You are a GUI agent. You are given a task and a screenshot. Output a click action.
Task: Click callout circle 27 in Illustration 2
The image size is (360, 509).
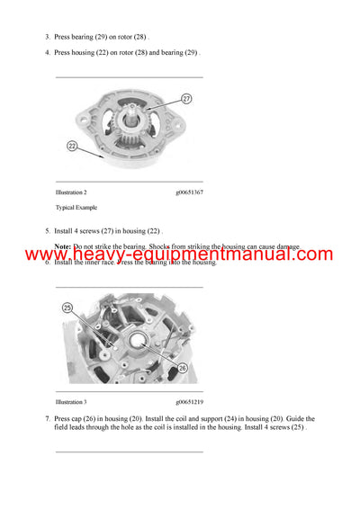(x=186, y=99)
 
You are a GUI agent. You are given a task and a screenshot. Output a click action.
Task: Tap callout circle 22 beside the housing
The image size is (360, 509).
(x=71, y=144)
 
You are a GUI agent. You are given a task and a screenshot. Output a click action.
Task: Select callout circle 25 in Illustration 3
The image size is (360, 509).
(x=67, y=308)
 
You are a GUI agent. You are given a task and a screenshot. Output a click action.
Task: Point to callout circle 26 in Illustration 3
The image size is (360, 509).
(x=181, y=367)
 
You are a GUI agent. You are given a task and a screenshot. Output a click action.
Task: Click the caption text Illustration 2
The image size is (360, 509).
(x=71, y=192)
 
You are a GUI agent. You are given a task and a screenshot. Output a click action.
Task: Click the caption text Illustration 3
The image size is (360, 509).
(x=71, y=402)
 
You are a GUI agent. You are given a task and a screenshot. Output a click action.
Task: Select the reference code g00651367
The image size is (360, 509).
(x=189, y=192)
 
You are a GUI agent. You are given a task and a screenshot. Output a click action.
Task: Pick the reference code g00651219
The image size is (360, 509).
(x=189, y=402)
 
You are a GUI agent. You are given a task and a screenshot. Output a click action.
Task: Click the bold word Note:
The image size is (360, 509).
(x=62, y=246)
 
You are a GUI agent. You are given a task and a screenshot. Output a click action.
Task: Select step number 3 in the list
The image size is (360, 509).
(x=47, y=37)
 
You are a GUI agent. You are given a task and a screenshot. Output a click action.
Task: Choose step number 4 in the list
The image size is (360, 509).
(x=47, y=52)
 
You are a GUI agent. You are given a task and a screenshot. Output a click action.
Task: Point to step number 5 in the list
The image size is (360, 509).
(x=47, y=231)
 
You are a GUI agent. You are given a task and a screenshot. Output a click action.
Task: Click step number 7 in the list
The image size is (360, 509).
(x=47, y=419)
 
